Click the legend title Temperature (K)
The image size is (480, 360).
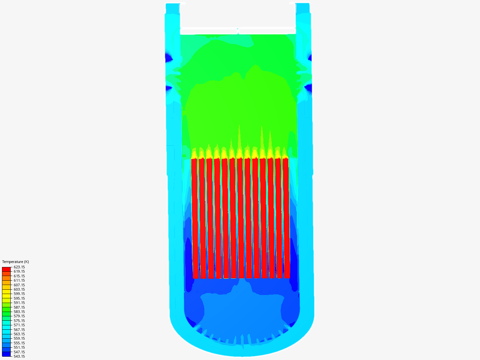pos(16,262)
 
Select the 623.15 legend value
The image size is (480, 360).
pos(19,267)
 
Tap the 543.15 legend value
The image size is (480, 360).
pos(19,356)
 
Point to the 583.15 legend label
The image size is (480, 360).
pos(19,312)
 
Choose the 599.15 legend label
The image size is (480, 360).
pos(19,294)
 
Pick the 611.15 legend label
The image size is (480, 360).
pos(19,280)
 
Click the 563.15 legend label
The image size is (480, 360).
pos(19,334)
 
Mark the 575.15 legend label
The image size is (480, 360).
pos(19,321)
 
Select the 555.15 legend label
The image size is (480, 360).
pos(19,343)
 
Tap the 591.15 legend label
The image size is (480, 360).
pos(19,303)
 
